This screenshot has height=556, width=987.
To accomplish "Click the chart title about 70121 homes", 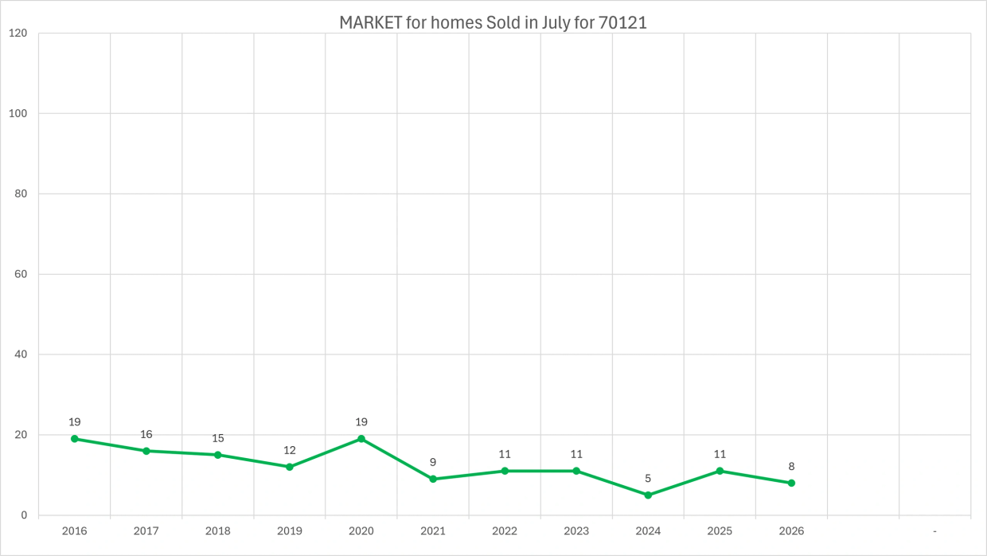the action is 493,23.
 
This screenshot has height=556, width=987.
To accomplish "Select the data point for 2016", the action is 75,439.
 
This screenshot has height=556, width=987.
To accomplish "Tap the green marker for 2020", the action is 361,439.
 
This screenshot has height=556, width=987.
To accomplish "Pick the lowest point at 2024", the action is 648,495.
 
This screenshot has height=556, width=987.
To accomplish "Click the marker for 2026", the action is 791,483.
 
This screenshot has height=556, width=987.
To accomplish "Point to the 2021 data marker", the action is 433,479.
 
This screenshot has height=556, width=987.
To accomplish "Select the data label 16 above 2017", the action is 146,434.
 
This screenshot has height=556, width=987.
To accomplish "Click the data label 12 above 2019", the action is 290,450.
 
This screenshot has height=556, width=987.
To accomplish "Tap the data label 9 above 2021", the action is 433,462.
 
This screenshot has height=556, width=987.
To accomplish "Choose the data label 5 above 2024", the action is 648,479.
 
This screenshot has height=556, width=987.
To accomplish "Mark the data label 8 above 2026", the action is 791,466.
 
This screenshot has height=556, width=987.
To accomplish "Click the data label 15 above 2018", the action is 217,438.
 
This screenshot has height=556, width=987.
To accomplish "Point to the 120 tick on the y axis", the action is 18,33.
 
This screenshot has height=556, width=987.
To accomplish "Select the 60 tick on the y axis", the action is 21,274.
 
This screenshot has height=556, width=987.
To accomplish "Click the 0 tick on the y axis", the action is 24,515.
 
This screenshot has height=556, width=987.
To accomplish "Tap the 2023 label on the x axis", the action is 576,531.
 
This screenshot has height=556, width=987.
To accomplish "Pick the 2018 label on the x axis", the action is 217,531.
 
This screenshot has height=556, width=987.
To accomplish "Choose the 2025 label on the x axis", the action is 720,531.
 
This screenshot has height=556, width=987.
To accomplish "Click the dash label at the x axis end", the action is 934,531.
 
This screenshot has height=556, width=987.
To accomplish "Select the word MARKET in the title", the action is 371,23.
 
